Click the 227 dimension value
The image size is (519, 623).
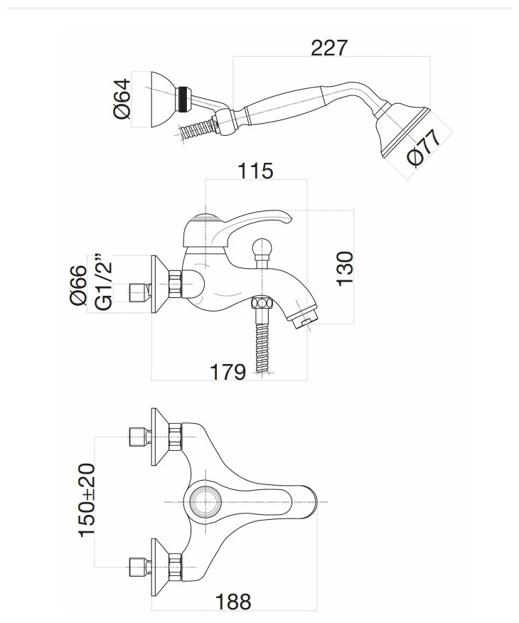[x=330, y=48]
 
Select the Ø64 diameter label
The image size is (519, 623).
[x=123, y=100]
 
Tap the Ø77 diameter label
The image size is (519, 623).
[x=424, y=148]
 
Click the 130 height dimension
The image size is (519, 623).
[x=345, y=267]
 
